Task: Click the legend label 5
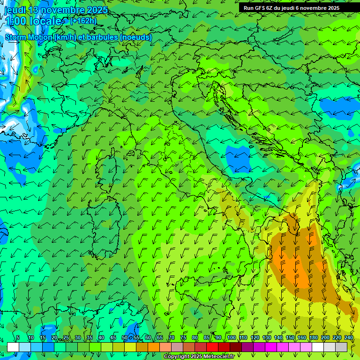(18, 338)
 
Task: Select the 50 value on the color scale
(124, 338)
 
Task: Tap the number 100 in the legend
(232, 338)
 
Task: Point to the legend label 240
(349, 338)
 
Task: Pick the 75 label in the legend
(183, 338)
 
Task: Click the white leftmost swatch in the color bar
(13, 347)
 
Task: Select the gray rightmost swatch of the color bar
(341, 347)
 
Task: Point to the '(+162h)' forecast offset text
(83, 21)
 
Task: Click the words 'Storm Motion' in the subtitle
(29, 37)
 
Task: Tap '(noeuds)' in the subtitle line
(136, 37)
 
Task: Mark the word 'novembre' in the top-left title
(58, 10)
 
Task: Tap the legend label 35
(89, 338)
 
